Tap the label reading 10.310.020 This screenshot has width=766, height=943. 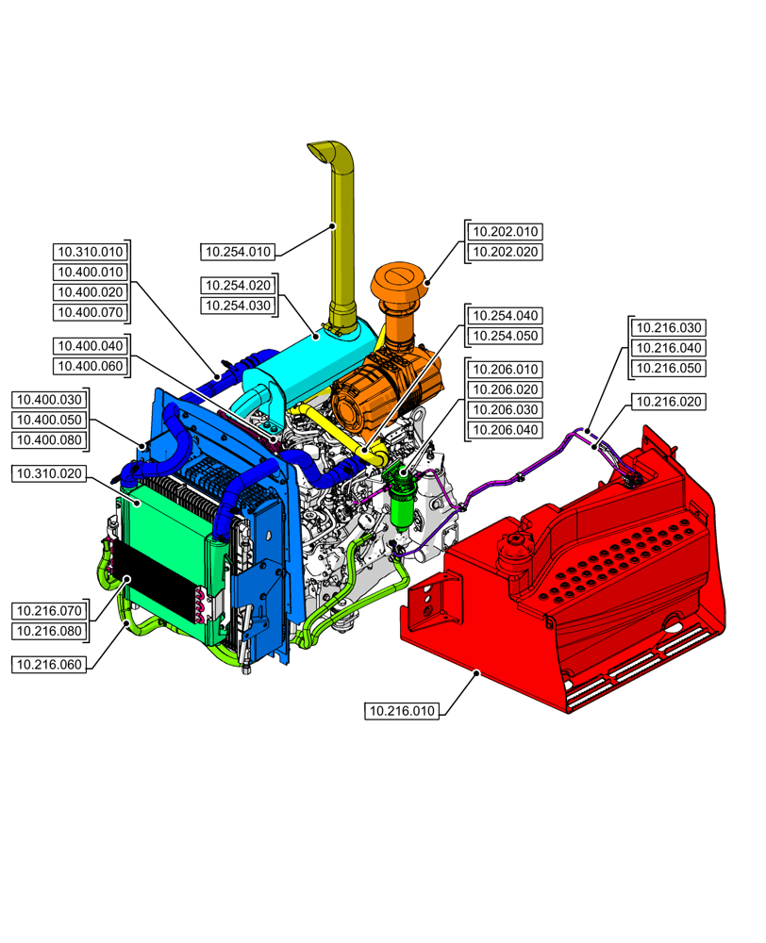[49, 473]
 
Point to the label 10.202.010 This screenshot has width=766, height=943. [506, 231]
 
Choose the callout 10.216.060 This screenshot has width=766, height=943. [49, 665]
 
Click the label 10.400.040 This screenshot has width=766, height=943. [90, 346]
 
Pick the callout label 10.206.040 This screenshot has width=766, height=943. [506, 431]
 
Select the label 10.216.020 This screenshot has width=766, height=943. [669, 402]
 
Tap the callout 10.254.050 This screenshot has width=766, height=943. [506, 336]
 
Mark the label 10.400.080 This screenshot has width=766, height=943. [49, 440]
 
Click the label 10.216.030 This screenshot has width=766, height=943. [669, 328]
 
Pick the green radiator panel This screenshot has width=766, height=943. [165, 528]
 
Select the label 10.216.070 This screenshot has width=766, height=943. [49, 610]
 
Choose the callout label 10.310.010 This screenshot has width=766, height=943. [90, 252]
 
